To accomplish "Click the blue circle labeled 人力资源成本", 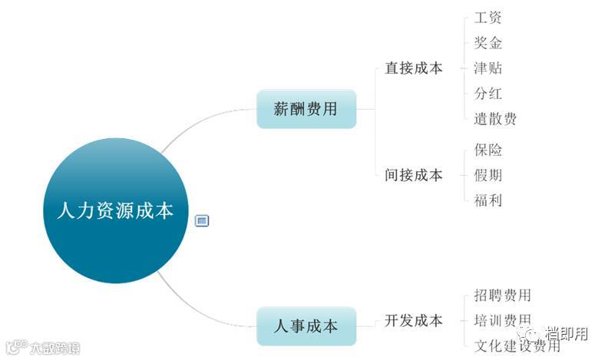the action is point(115,210).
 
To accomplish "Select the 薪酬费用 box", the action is point(306,108).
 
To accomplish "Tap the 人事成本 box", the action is point(306,325).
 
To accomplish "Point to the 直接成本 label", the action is point(414,68).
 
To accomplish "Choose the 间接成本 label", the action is point(414,175).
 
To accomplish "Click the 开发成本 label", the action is point(414,321).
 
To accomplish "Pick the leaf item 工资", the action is point(488,18).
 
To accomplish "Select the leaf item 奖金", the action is point(488,43).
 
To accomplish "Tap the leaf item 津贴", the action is point(488,68).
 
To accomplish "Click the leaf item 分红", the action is point(488,94).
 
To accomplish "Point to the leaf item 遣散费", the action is point(495,119).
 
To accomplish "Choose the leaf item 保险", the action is point(488,150).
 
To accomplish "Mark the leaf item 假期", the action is point(488,175).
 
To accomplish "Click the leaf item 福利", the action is point(488,200).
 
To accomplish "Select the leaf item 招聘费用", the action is point(503,296).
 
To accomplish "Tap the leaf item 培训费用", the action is point(503,320).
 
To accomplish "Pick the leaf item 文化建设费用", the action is point(517,345).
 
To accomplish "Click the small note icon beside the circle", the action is point(203,221).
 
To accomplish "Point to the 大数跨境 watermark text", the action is point(55,348).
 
